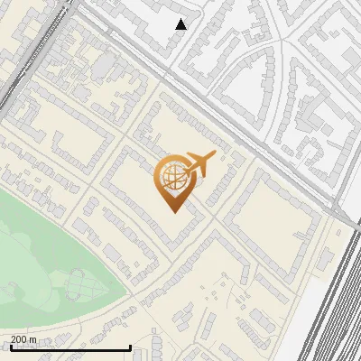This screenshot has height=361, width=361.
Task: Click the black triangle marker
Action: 181,24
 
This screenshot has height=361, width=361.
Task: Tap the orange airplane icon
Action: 199,164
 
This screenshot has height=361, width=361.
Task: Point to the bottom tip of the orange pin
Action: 171,211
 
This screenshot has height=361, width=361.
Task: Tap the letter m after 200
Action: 34,339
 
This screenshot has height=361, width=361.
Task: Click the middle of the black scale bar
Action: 70,347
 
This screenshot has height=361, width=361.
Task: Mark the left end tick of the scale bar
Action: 11,347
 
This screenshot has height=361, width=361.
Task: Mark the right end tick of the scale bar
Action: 131,347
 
